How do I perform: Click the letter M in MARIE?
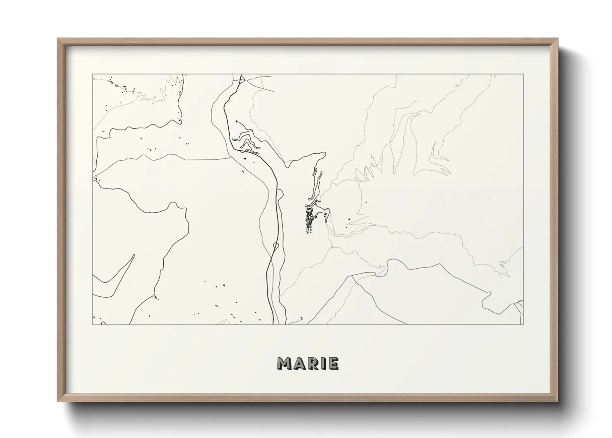pyautogui.click(x=284, y=363)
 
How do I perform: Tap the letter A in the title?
pyautogui.click(x=299, y=363)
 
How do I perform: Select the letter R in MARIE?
pyautogui.click(x=312, y=363)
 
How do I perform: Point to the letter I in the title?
pyautogui.click(x=323, y=363)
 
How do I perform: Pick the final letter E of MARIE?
pyautogui.click(x=333, y=363)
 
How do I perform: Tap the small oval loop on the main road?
pyautogui.click(x=275, y=247)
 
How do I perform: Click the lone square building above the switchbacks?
pyautogui.click(x=237, y=121)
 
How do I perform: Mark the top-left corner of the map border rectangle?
pyautogui.click(x=92, y=75)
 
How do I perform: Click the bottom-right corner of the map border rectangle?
pyautogui.click(x=523, y=324)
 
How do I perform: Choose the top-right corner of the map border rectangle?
pyautogui.click(x=523, y=75)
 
